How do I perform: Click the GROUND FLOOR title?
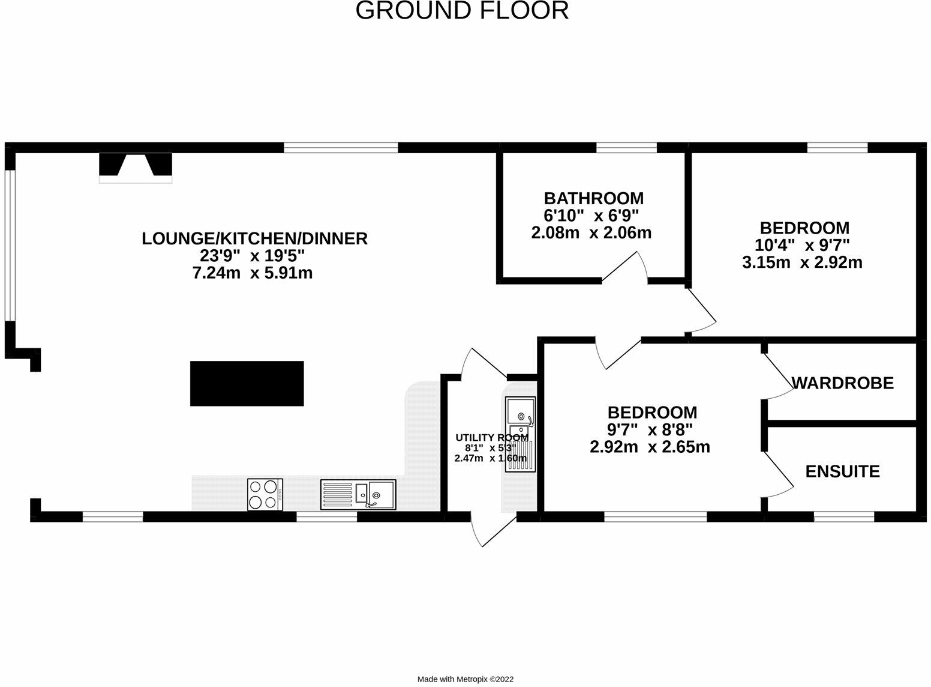[x=462, y=11]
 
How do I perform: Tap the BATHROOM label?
[x=593, y=198]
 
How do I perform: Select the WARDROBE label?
[x=842, y=383]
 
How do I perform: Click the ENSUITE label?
[x=842, y=471]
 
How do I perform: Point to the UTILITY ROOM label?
[x=491, y=438]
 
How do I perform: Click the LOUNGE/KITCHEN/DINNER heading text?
[x=254, y=238]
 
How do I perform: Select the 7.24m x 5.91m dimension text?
[x=252, y=273]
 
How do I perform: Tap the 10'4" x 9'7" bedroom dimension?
[x=803, y=245]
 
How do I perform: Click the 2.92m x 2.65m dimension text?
[x=650, y=447]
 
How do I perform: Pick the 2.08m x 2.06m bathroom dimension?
[x=591, y=233]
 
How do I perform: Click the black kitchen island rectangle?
[x=247, y=383]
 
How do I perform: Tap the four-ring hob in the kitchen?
[x=265, y=494]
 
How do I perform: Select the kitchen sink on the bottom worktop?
[x=358, y=494]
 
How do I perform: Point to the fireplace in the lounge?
[x=136, y=167]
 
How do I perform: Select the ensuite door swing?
[x=778, y=474]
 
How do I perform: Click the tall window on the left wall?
[x=9, y=245]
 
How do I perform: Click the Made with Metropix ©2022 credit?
[x=465, y=679]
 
